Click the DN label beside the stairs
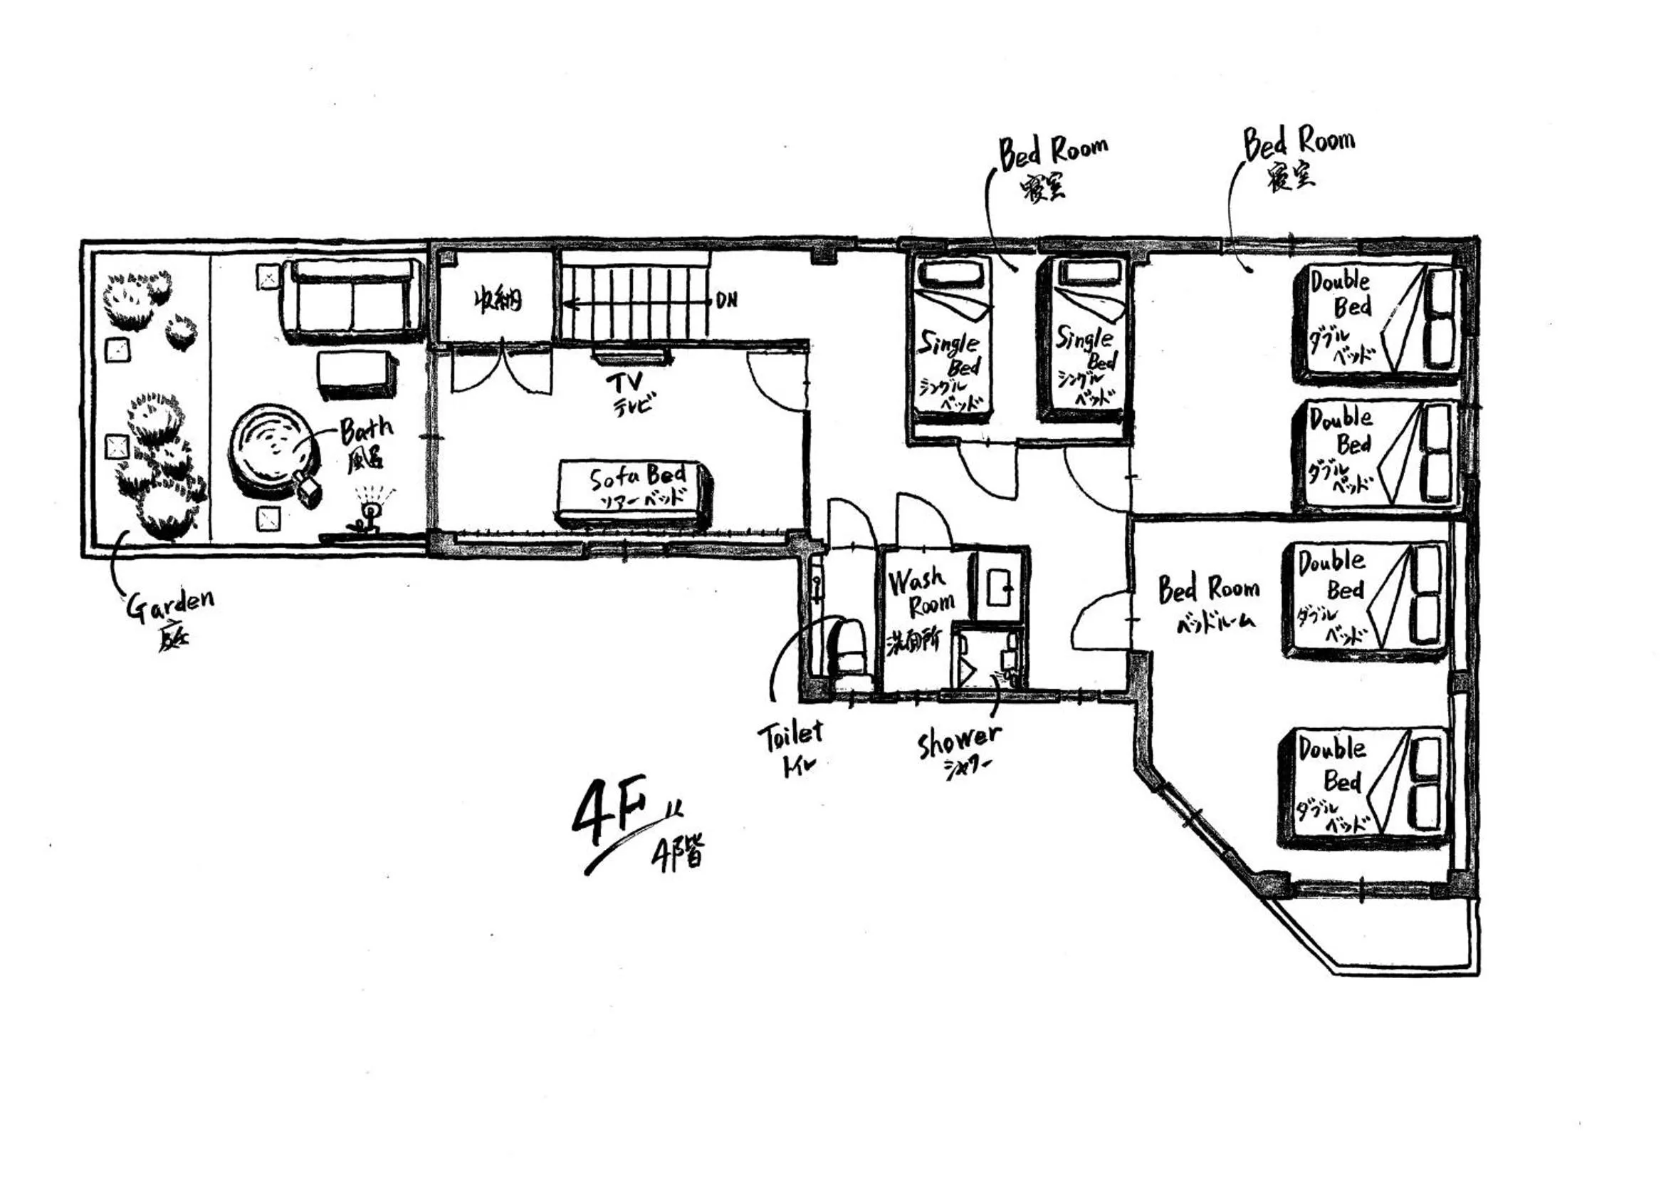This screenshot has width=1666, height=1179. click(x=726, y=300)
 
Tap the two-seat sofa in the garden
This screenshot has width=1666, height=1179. click(x=354, y=301)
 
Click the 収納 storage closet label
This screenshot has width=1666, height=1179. click(x=498, y=300)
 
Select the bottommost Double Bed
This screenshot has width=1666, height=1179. click(x=1364, y=788)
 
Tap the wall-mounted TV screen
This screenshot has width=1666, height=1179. click(x=630, y=355)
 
